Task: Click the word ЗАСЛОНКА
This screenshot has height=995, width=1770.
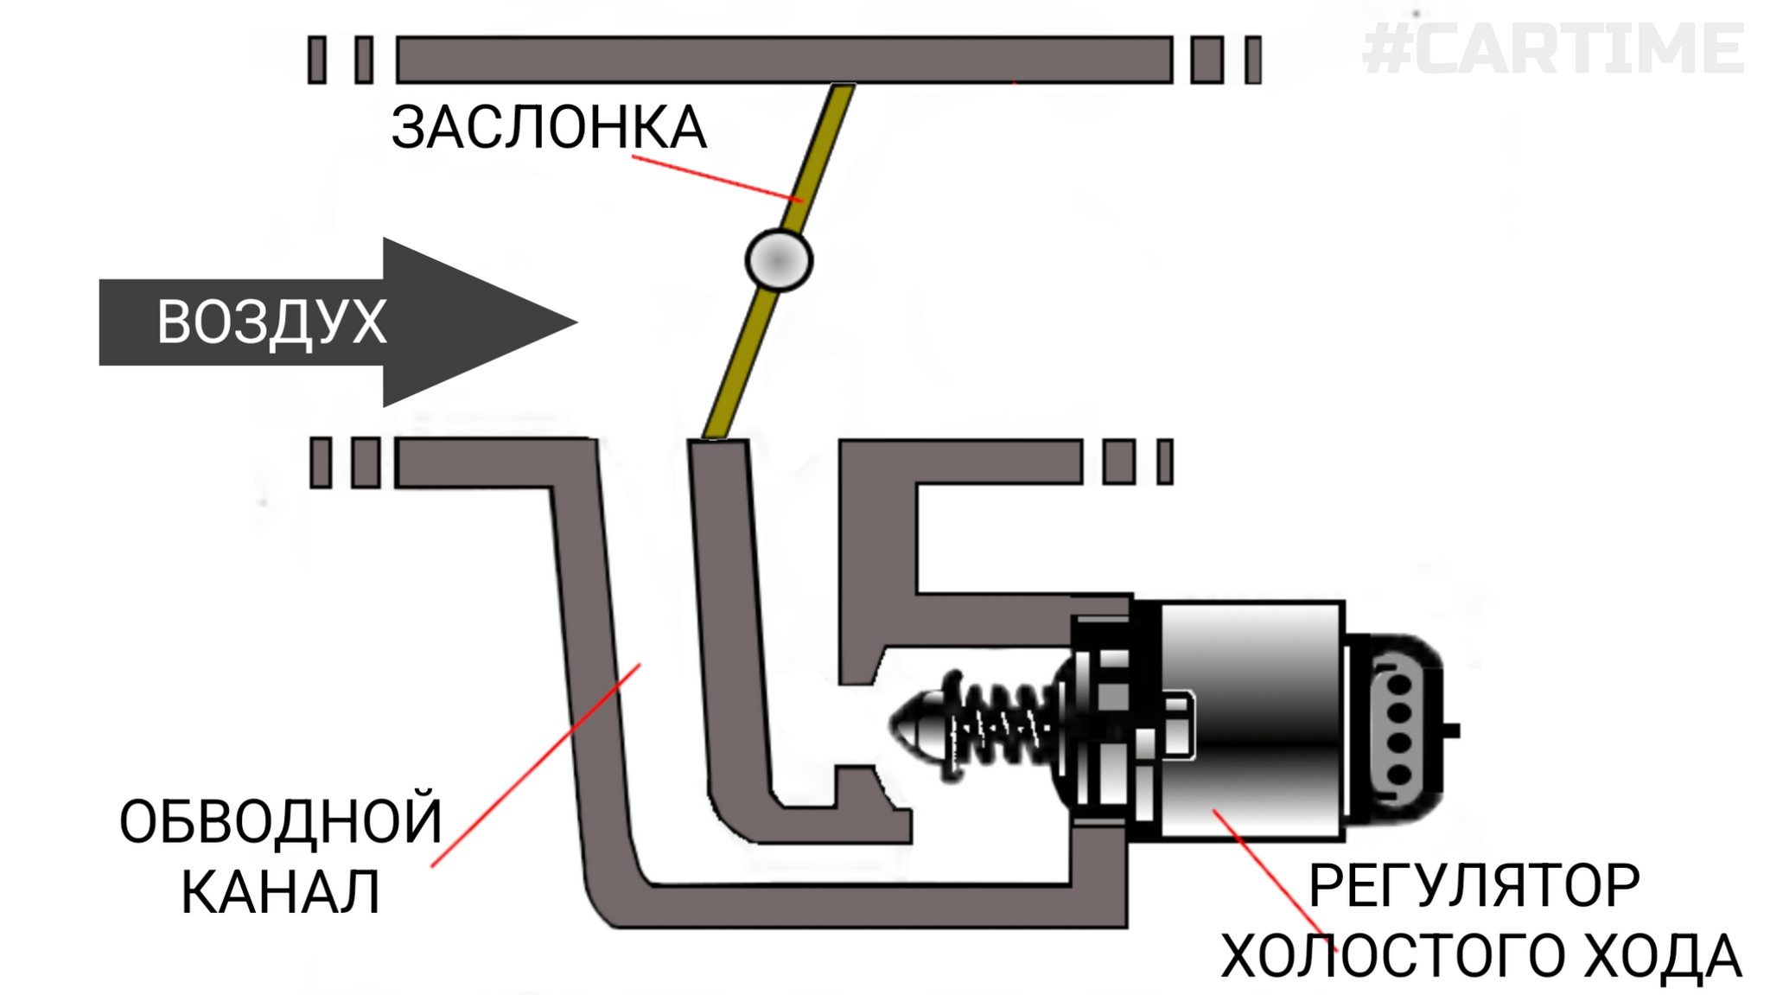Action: tap(549, 128)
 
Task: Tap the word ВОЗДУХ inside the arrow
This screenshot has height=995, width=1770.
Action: tap(271, 322)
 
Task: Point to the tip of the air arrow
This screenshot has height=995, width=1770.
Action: tap(570, 322)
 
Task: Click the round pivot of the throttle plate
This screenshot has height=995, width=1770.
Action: tap(778, 259)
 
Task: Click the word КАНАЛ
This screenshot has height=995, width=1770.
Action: tap(281, 892)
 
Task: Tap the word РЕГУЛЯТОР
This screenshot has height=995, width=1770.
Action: tap(1474, 885)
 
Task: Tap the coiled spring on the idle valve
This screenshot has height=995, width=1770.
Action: tap(1003, 724)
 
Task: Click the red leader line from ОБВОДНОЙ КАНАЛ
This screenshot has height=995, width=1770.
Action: tap(536, 765)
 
